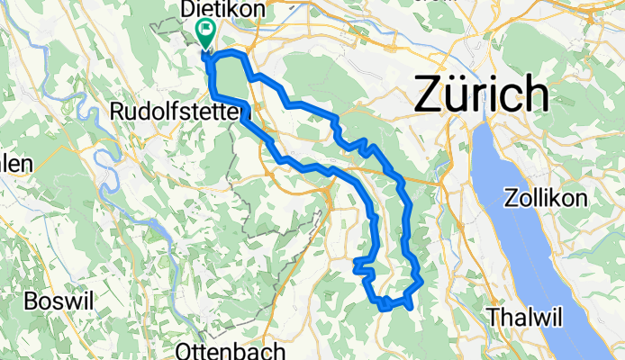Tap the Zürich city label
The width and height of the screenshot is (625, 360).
click(x=481, y=94)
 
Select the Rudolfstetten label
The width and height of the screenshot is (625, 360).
click(x=178, y=112)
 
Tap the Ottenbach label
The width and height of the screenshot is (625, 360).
click(x=220, y=350)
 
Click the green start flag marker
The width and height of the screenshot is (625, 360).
click(x=205, y=33)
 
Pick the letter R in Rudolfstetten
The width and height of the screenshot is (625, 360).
click(x=115, y=112)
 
